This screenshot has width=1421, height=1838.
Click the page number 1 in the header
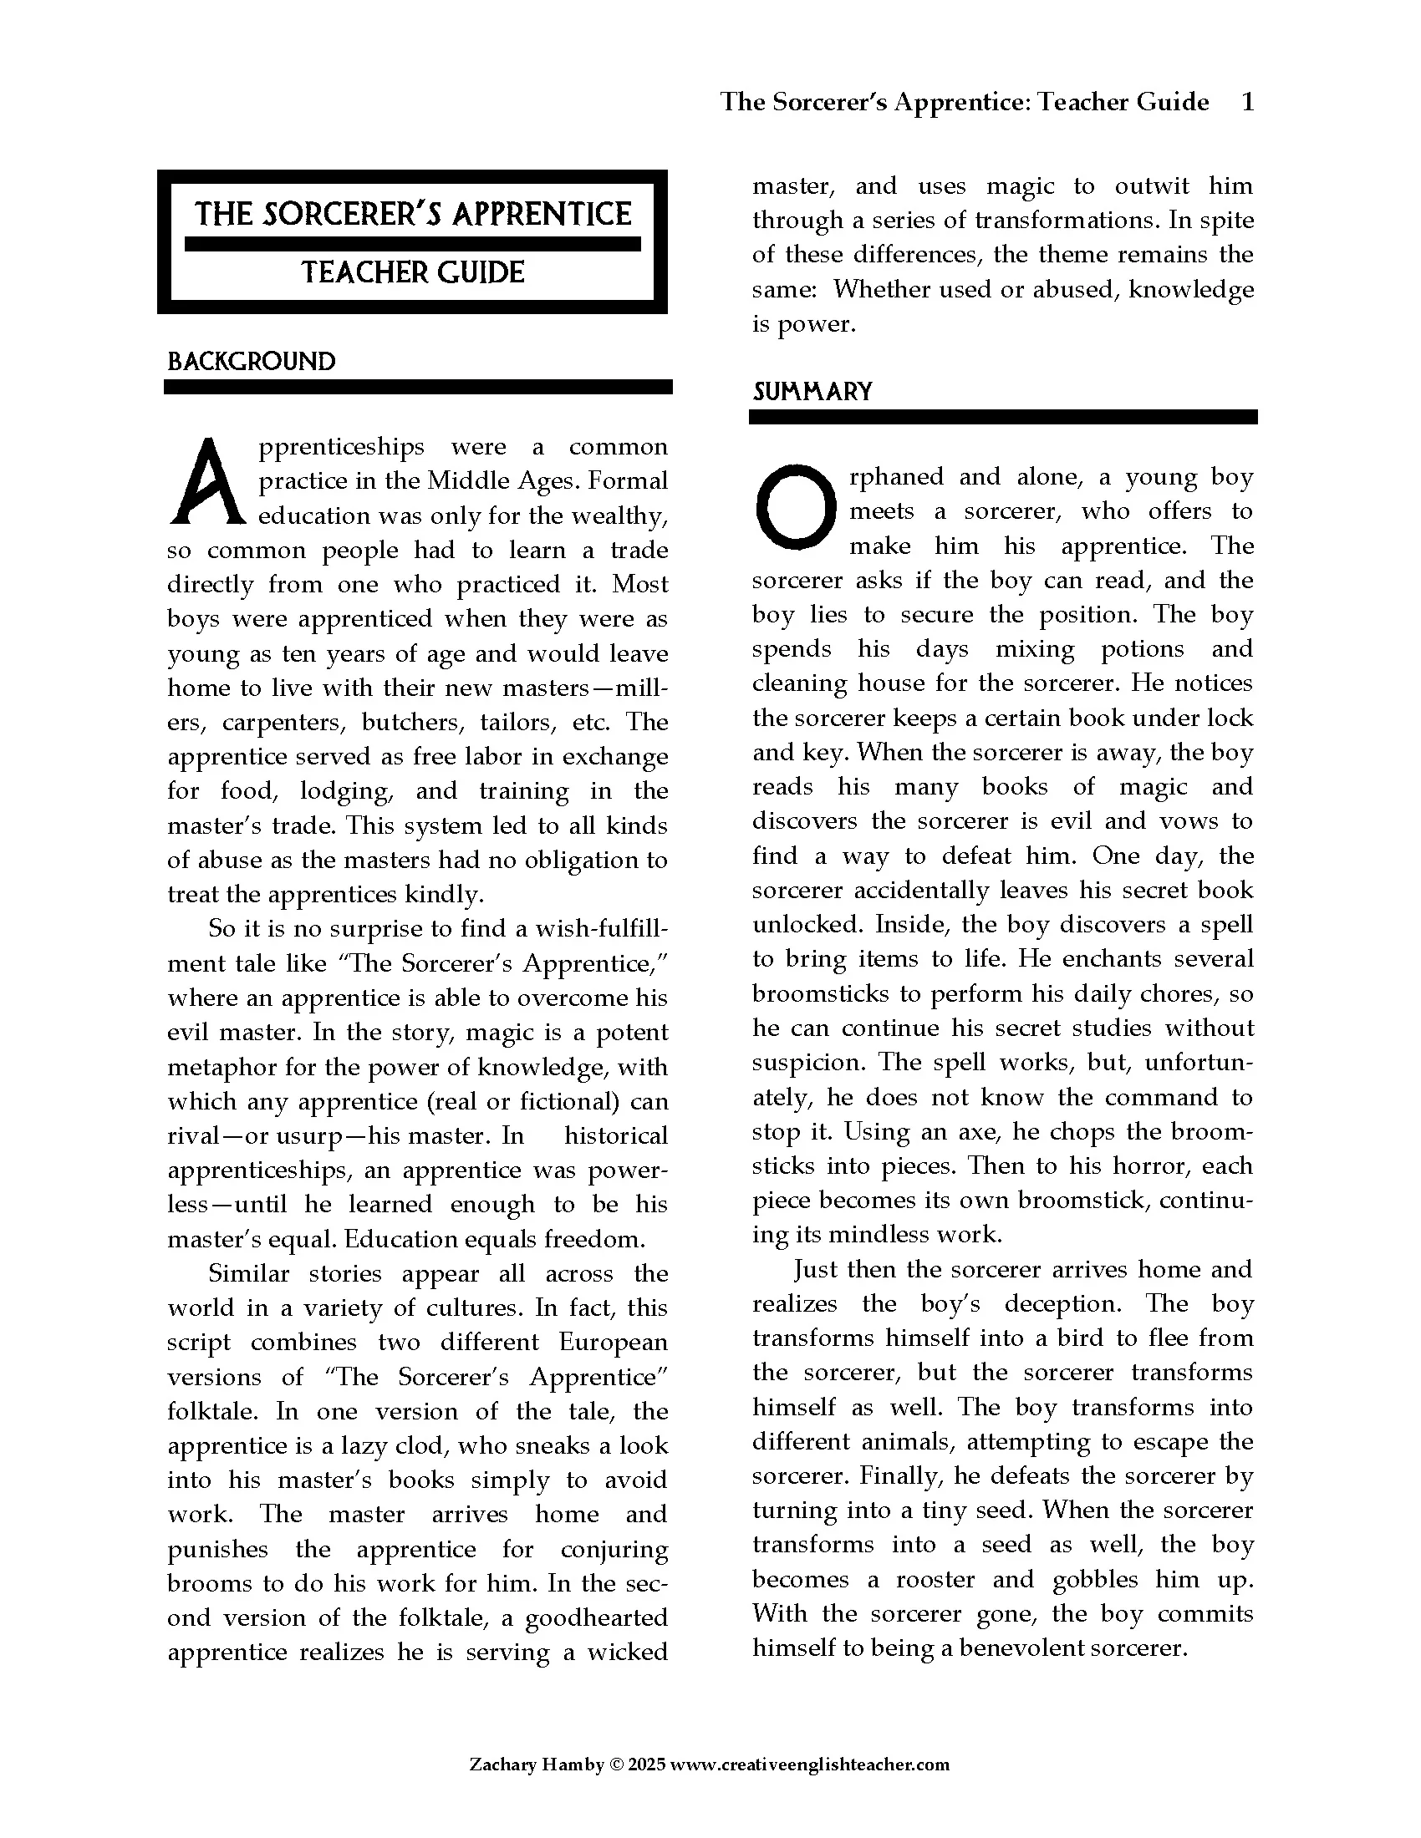(1248, 102)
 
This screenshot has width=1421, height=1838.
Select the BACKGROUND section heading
(251, 362)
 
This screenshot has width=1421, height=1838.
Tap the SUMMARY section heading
(812, 391)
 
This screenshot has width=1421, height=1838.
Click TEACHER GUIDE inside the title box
(412, 272)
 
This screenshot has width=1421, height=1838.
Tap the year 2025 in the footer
(645, 1764)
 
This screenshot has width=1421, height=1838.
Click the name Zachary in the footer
(502, 1764)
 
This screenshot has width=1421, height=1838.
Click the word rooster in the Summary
(935, 1579)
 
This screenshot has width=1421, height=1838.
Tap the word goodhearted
(596, 1617)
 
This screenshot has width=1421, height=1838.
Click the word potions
(1143, 649)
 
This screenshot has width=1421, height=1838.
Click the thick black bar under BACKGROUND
(418, 387)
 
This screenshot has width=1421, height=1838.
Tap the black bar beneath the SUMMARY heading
(1002, 418)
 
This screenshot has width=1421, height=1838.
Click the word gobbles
(1094, 1579)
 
